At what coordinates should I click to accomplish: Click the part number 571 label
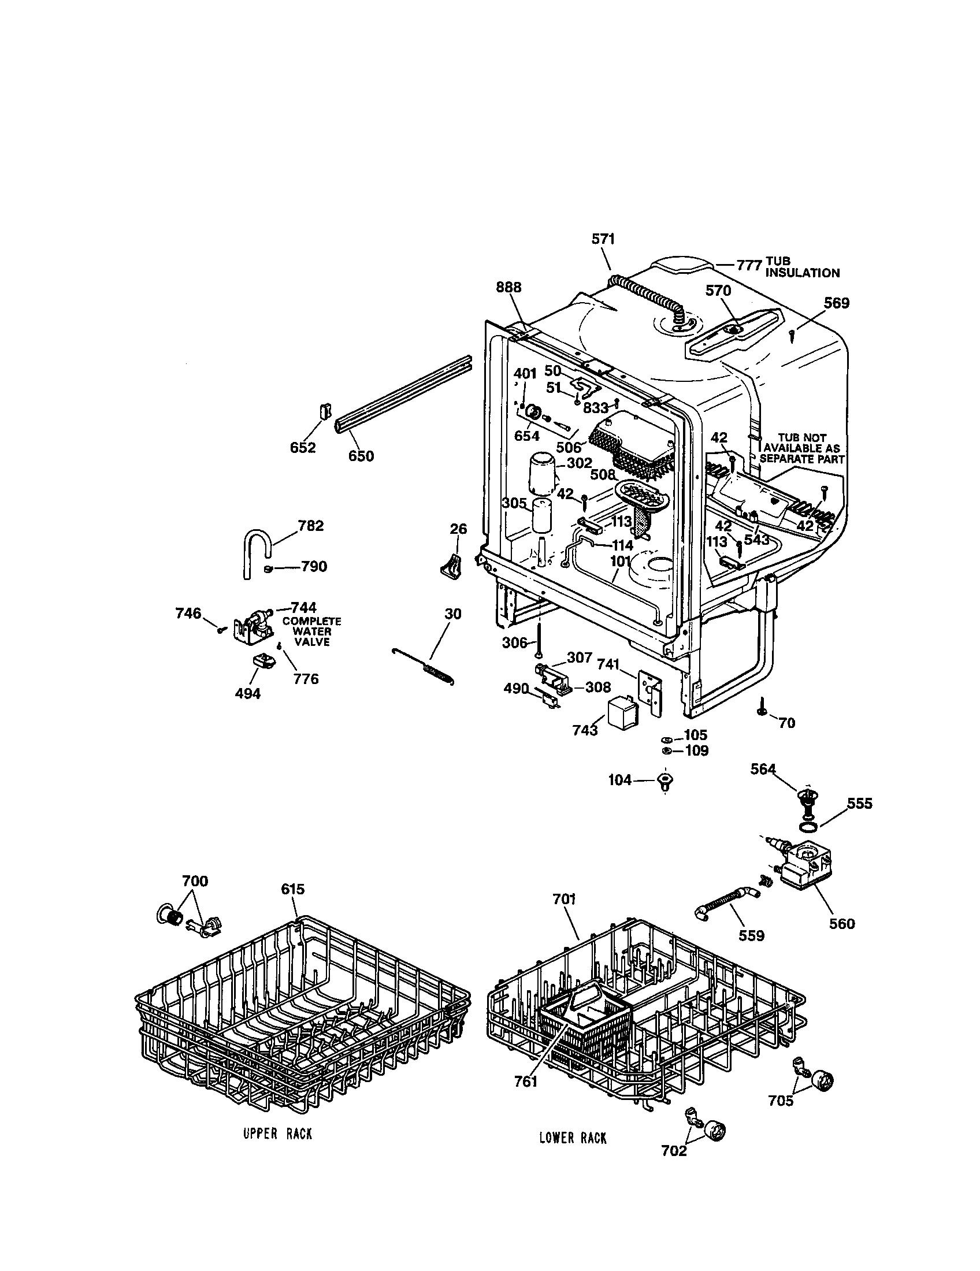[603, 239]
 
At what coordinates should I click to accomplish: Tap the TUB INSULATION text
[801, 267]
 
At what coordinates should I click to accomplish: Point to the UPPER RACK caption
[277, 1134]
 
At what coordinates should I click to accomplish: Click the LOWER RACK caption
[573, 1138]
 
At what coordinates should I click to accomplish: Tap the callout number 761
[525, 1082]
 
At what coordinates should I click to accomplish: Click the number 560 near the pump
[842, 924]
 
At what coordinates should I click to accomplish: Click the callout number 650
[361, 456]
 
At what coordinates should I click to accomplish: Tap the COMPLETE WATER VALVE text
[312, 631]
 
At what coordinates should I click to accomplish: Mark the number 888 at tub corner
[508, 288]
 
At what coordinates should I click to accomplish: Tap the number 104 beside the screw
[620, 780]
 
